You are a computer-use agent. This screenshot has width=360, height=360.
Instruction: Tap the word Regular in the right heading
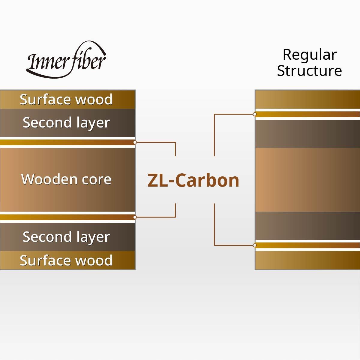tap(310, 55)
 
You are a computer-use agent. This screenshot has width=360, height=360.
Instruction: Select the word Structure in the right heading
tap(309, 71)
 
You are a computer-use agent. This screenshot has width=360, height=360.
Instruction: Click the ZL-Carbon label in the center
tap(193, 180)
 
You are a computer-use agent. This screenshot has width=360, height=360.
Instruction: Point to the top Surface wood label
tap(66, 100)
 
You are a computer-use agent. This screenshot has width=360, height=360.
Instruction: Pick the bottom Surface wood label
tap(66, 260)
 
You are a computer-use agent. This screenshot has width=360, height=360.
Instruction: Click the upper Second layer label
tap(66, 123)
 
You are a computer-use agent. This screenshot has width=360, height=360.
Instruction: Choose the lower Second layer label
tap(66, 237)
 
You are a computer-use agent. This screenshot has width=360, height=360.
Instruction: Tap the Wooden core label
tap(66, 179)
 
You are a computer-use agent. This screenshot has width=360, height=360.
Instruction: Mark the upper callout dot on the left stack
tap(135, 142)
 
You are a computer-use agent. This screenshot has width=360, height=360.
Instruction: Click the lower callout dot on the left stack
tap(135, 217)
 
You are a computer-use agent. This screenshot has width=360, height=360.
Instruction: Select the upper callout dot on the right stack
tap(255, 114)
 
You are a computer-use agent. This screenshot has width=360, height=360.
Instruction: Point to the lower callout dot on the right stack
tap(255, 245)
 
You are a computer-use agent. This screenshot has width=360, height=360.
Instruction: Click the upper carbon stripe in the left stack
tap(66, 142)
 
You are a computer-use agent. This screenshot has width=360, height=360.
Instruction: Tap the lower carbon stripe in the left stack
tap(66, 217)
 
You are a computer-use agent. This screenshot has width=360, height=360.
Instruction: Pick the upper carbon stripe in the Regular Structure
tap(307, 114)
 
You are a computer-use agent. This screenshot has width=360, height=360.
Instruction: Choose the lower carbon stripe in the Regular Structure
tap(307, 245)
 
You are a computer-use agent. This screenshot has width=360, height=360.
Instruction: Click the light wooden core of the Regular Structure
tap(307, 180)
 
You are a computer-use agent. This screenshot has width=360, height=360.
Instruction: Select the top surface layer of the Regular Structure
tap(307, 99)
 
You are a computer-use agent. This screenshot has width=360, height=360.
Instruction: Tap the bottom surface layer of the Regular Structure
tap(307, 260)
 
